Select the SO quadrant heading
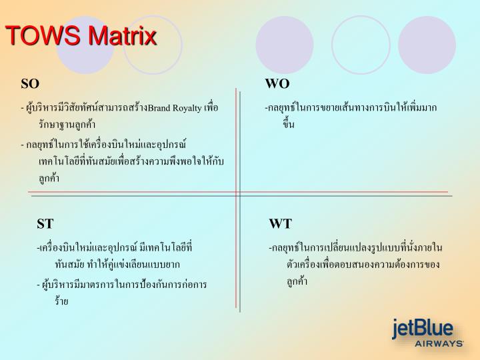30,84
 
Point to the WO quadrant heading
277,84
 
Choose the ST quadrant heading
45,223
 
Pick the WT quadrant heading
280,223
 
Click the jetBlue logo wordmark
423,328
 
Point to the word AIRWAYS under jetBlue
439,343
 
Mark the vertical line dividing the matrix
237,200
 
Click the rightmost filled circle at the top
427,45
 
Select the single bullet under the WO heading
350,115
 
